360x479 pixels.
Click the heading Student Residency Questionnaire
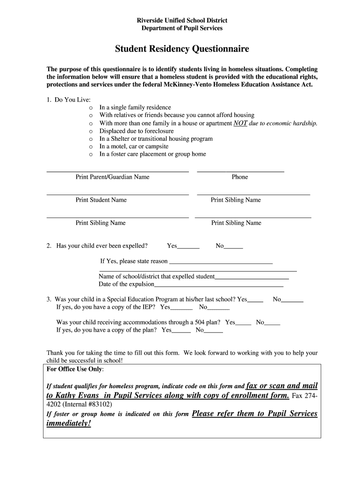[x=182, y=49]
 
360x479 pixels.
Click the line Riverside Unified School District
[x=182, y=21]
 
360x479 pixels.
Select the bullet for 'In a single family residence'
[x=91, y=108]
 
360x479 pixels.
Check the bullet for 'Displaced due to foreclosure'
[x=91, y=131]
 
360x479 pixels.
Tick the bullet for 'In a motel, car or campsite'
[x=91, y=146]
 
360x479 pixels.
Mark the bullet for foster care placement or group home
[x=91, y=154]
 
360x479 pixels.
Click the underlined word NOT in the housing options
[x=240, y=123]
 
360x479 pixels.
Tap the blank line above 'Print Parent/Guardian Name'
[x=117, y=171]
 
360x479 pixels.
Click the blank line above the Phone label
[x=240, y=171]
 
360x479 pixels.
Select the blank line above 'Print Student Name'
[x=117, y=194]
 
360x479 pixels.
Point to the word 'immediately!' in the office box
[x=69, y=423]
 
